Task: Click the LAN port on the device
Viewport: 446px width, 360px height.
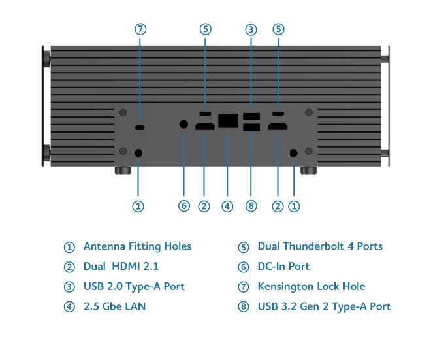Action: point(228,121)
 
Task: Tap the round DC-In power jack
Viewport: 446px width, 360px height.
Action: point(183,123)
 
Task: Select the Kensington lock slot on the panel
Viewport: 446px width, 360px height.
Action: point(140,126)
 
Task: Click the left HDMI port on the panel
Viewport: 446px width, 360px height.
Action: point(204,126)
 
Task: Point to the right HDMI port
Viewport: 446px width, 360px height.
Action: point(278,126)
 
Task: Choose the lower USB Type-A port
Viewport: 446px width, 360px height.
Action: point(251,127)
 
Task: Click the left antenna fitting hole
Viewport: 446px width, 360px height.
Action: point(138,152)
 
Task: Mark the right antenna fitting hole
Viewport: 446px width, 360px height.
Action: point(293,152)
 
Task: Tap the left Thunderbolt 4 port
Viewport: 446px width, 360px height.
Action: point(205,112)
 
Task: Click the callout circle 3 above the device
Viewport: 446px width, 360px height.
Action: point(251,29)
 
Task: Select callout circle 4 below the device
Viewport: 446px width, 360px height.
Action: point(227,206)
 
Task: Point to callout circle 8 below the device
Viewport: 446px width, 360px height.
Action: point(251,206)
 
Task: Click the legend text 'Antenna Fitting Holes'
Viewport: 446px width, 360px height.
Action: point(137,246)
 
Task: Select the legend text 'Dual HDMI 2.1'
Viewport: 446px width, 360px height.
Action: point(121,267)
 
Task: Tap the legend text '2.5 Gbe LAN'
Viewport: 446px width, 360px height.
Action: point(114,306)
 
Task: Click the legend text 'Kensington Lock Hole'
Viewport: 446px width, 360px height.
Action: point(311,286)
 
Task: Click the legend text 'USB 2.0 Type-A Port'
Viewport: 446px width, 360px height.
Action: point(134,286)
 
